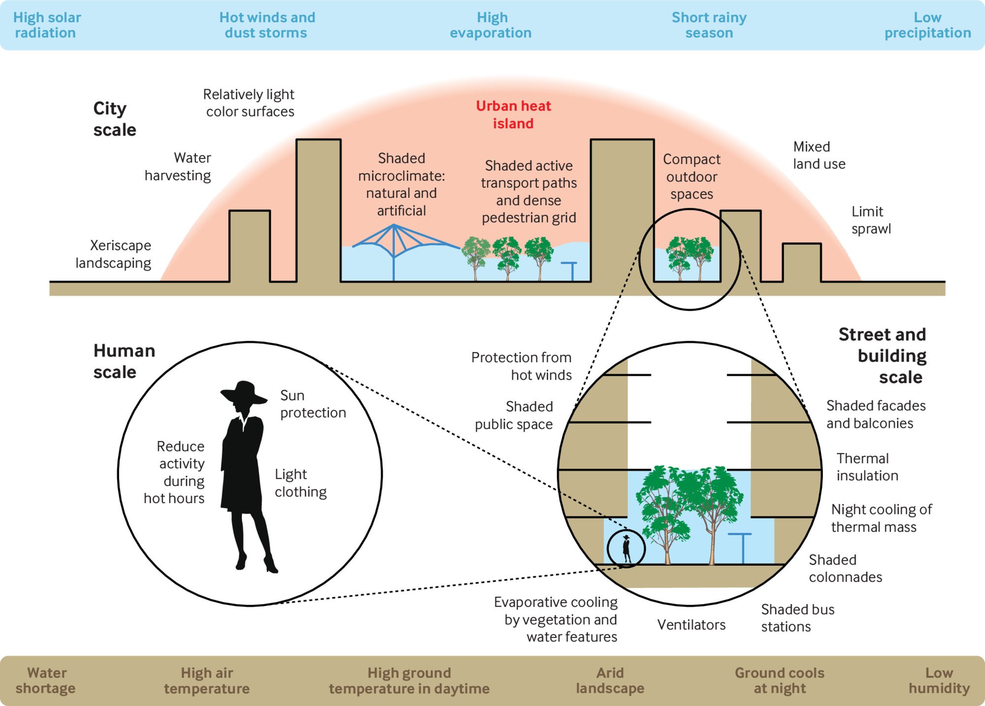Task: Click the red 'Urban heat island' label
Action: [513, 114]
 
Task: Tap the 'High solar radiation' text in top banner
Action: [46, 25]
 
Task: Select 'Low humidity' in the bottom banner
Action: [939, 680]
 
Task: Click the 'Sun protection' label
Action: [312, 404]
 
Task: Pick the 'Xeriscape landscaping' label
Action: [114, 254]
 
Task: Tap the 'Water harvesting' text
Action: [178, 166]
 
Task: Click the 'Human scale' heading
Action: [124, 361]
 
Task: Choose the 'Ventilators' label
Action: [691, 625]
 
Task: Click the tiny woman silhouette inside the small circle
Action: [626, 548]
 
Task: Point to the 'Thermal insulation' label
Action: [867, 467]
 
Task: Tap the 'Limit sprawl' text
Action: [871, 220]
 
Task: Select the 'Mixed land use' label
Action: [819, 155]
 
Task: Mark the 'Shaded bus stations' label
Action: [797, 618]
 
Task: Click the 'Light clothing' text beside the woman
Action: [300, 483]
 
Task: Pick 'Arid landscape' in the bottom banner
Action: [610, 680]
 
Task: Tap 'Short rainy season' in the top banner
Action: [709, 25]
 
